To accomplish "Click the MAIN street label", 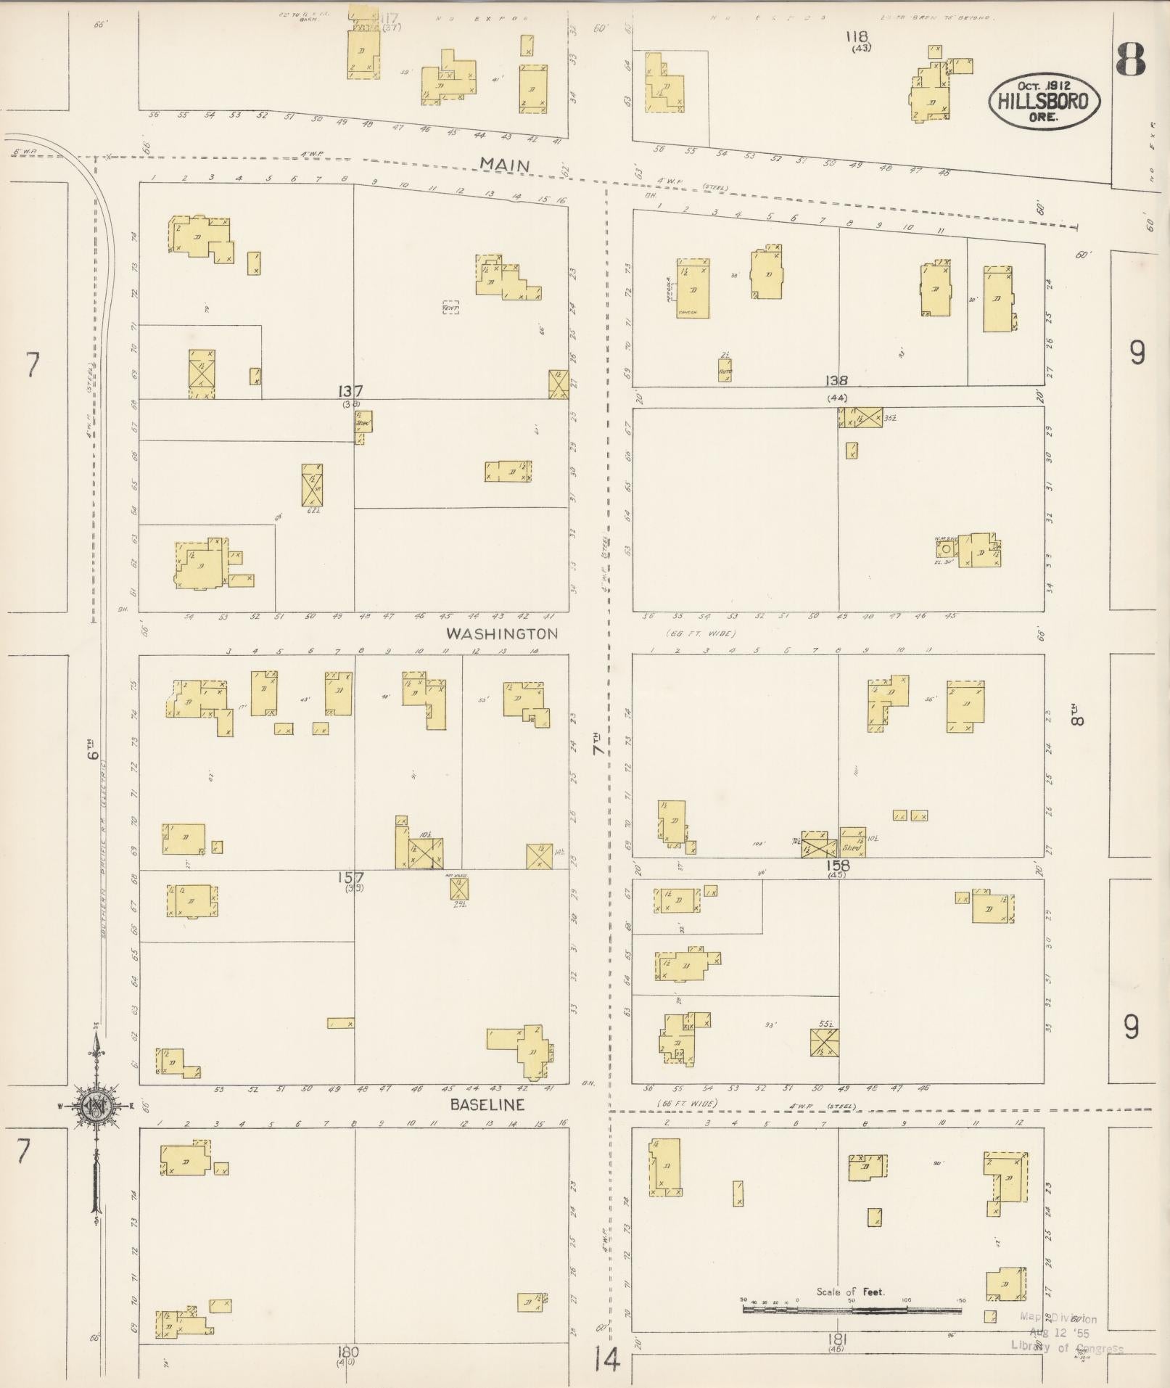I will [x=506, y=165].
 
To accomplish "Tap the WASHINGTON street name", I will [x=502, y=633].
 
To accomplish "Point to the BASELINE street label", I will [x=487, y=1104].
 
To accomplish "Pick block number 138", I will [x=836, y=380].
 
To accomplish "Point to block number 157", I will [x=350, y=877].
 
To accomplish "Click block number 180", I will [x=347, y=1352].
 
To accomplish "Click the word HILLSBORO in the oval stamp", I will [x=1044, y=101].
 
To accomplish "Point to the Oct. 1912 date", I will [x=1044, y=86].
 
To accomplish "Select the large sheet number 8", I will [x=1131, y=59].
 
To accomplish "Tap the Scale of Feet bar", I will [x=852, y=1310].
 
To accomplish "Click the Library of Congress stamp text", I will [x=1067, y=1347].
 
